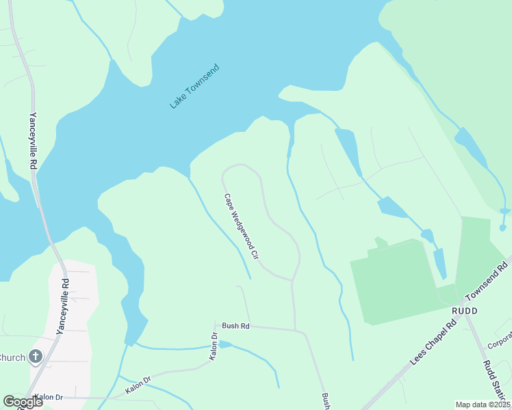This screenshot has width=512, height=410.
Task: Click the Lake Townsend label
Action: pyautogui.click(x=195, y=86)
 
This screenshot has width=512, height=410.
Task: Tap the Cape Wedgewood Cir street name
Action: pyautogui.click(x=241, y=226)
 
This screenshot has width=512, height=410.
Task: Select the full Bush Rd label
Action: pyautogui.click(x=235, y=327)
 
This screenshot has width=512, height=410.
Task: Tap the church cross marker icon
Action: pyautogui.click(x=35, y=357)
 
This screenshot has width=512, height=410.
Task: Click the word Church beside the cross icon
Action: pyautogui.click(x=12, y=357)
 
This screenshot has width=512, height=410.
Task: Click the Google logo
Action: pyautogui.click(x=23, y=402)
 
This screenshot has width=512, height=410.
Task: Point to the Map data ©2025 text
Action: pyautogui.click(x=483, y=405)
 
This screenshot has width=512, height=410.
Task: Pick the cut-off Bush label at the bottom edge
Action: pyautogui.click(x=325, y=400)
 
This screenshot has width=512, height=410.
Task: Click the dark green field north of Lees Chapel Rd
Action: pyautogui.click(x=394, y=280)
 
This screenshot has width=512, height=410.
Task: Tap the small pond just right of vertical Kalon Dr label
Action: pyautogui.click(x=226, y=344)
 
